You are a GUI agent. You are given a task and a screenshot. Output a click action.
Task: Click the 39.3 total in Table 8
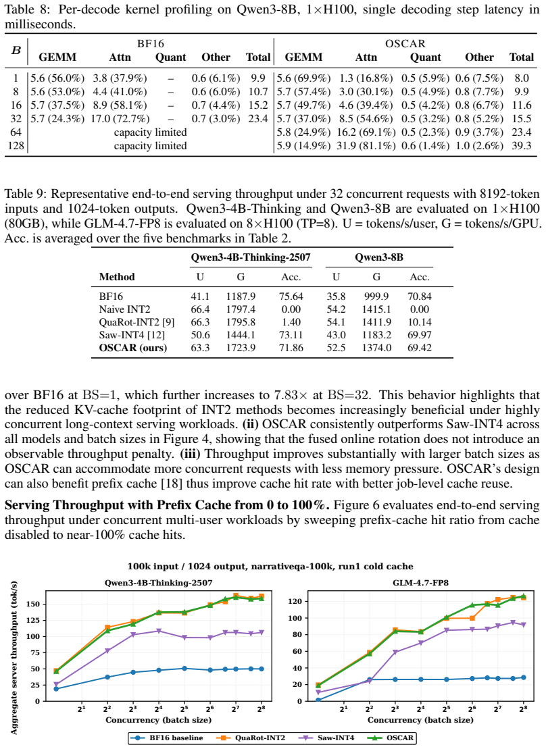point(522,146)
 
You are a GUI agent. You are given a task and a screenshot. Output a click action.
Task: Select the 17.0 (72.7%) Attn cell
point(120,118)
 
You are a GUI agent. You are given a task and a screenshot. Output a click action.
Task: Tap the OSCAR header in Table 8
point(405,44)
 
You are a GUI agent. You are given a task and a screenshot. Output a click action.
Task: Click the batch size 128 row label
point(16,146)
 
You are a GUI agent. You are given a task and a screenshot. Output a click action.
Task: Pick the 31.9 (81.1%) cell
point(366,146)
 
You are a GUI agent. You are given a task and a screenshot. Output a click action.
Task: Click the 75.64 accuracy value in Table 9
point(291,296)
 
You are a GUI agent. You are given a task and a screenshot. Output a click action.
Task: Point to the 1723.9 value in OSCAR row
point(241,348)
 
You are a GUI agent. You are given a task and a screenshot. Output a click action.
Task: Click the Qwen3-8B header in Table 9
point(379,257)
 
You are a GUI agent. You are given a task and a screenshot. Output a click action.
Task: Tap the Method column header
point(117,277)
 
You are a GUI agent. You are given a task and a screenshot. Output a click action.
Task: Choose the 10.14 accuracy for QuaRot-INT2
point(420,322)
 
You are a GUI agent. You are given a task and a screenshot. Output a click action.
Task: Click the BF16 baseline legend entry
point(169,738)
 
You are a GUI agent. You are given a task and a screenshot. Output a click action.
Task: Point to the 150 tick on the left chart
point(34,604)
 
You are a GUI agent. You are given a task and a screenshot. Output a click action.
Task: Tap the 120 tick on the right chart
point(295,601)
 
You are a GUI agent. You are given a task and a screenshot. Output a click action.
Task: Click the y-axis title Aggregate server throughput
point(14,658)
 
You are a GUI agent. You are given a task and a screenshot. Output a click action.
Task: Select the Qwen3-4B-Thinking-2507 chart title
point(159,583)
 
